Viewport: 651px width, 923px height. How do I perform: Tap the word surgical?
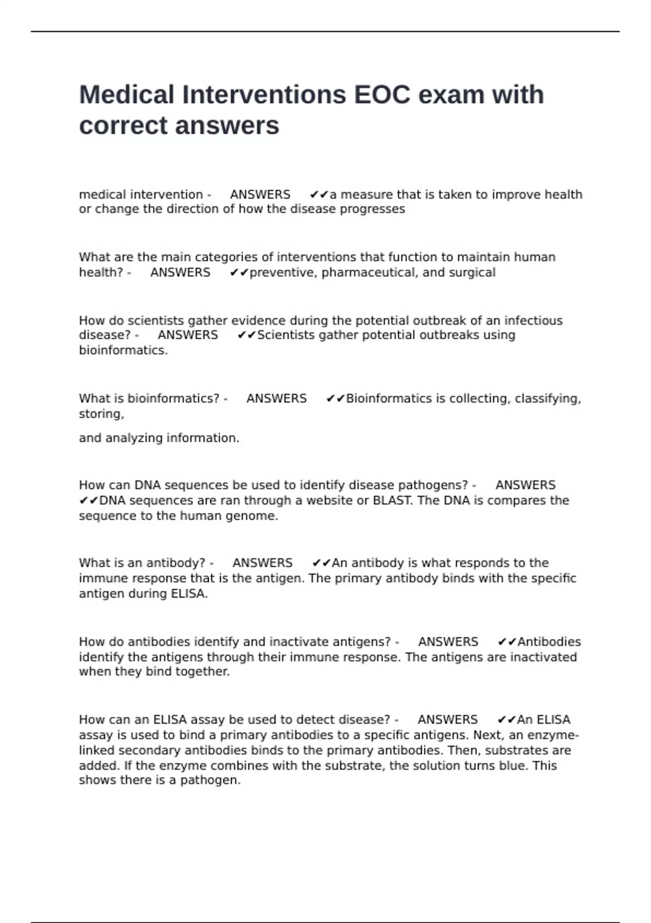pos(472,273)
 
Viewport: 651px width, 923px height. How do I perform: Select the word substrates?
pos(515,750)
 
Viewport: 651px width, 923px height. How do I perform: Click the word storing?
pos(101,414)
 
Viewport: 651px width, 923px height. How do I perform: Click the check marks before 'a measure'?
pos(319,194)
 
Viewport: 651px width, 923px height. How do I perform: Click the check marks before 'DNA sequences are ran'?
pos(88,501)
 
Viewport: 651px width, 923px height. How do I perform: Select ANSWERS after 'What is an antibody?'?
pos(263,563)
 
